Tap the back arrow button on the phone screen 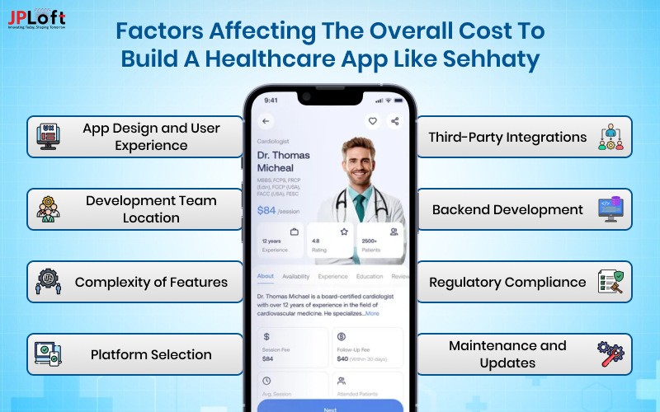(266, 121)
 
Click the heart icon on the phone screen (373, 121)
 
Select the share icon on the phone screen (394, 121)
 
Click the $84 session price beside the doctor (268, 210)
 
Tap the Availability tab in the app (296, 277)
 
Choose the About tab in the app (266, 277)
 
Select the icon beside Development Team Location (48, 209)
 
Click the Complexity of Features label (151, 282)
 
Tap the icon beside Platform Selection (48, 354)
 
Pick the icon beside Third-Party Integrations (611, 137)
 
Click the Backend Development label (507, 209)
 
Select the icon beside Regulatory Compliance (611, 282)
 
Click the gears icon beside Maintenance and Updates (611, 354)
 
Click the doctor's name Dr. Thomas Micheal (284, 162)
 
